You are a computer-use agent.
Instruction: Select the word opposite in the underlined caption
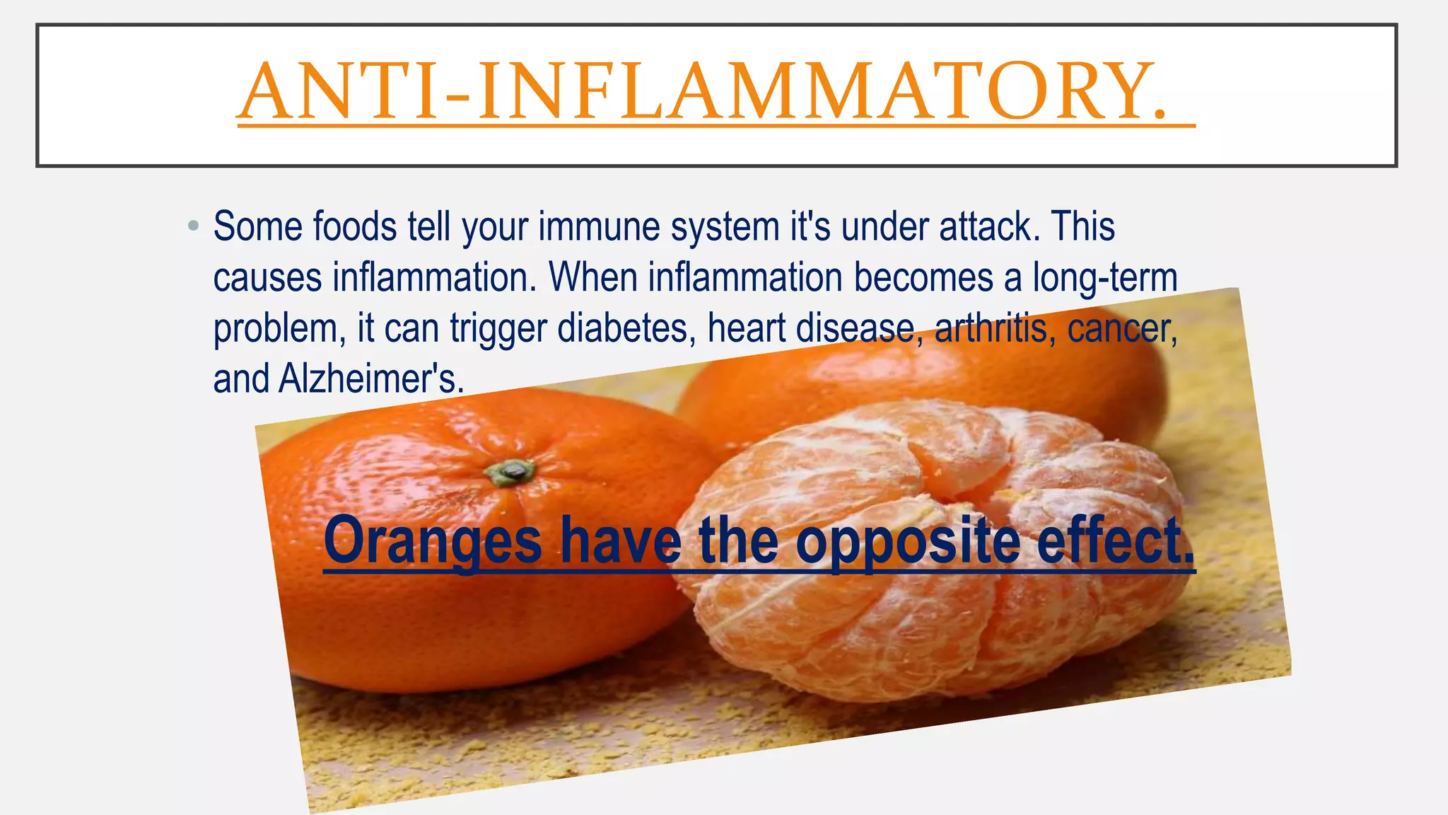(x=909, y=541)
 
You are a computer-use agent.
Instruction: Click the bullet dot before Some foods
(x=193, y=227)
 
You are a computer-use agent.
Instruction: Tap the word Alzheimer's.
(x=371, y=379)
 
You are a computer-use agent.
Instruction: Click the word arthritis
(x=990, y=329)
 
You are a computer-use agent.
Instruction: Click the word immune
(x=598, y=227)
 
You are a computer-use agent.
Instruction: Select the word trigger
(x=498, y=329)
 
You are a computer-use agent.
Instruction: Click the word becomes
(x=923, y=278)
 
